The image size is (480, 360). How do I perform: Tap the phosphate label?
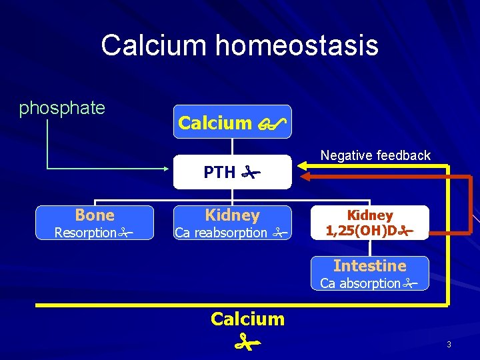pos(62,108)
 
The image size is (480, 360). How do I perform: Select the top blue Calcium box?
pos(232,122)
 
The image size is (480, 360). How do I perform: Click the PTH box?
pos(232,172)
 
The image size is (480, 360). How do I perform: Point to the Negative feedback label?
pos(375,155)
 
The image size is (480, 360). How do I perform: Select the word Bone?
pos(95,215)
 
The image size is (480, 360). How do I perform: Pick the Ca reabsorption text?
pos(221,233)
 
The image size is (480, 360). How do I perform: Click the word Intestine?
pos(369,265)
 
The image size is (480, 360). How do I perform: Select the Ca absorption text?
pos(360,283)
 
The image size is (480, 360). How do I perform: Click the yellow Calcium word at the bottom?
pos(247,319)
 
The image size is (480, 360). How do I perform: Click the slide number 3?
pos(449,344)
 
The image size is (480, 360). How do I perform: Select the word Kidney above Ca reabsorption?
pos(232,215)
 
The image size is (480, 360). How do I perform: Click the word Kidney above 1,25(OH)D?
pos(370,215)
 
